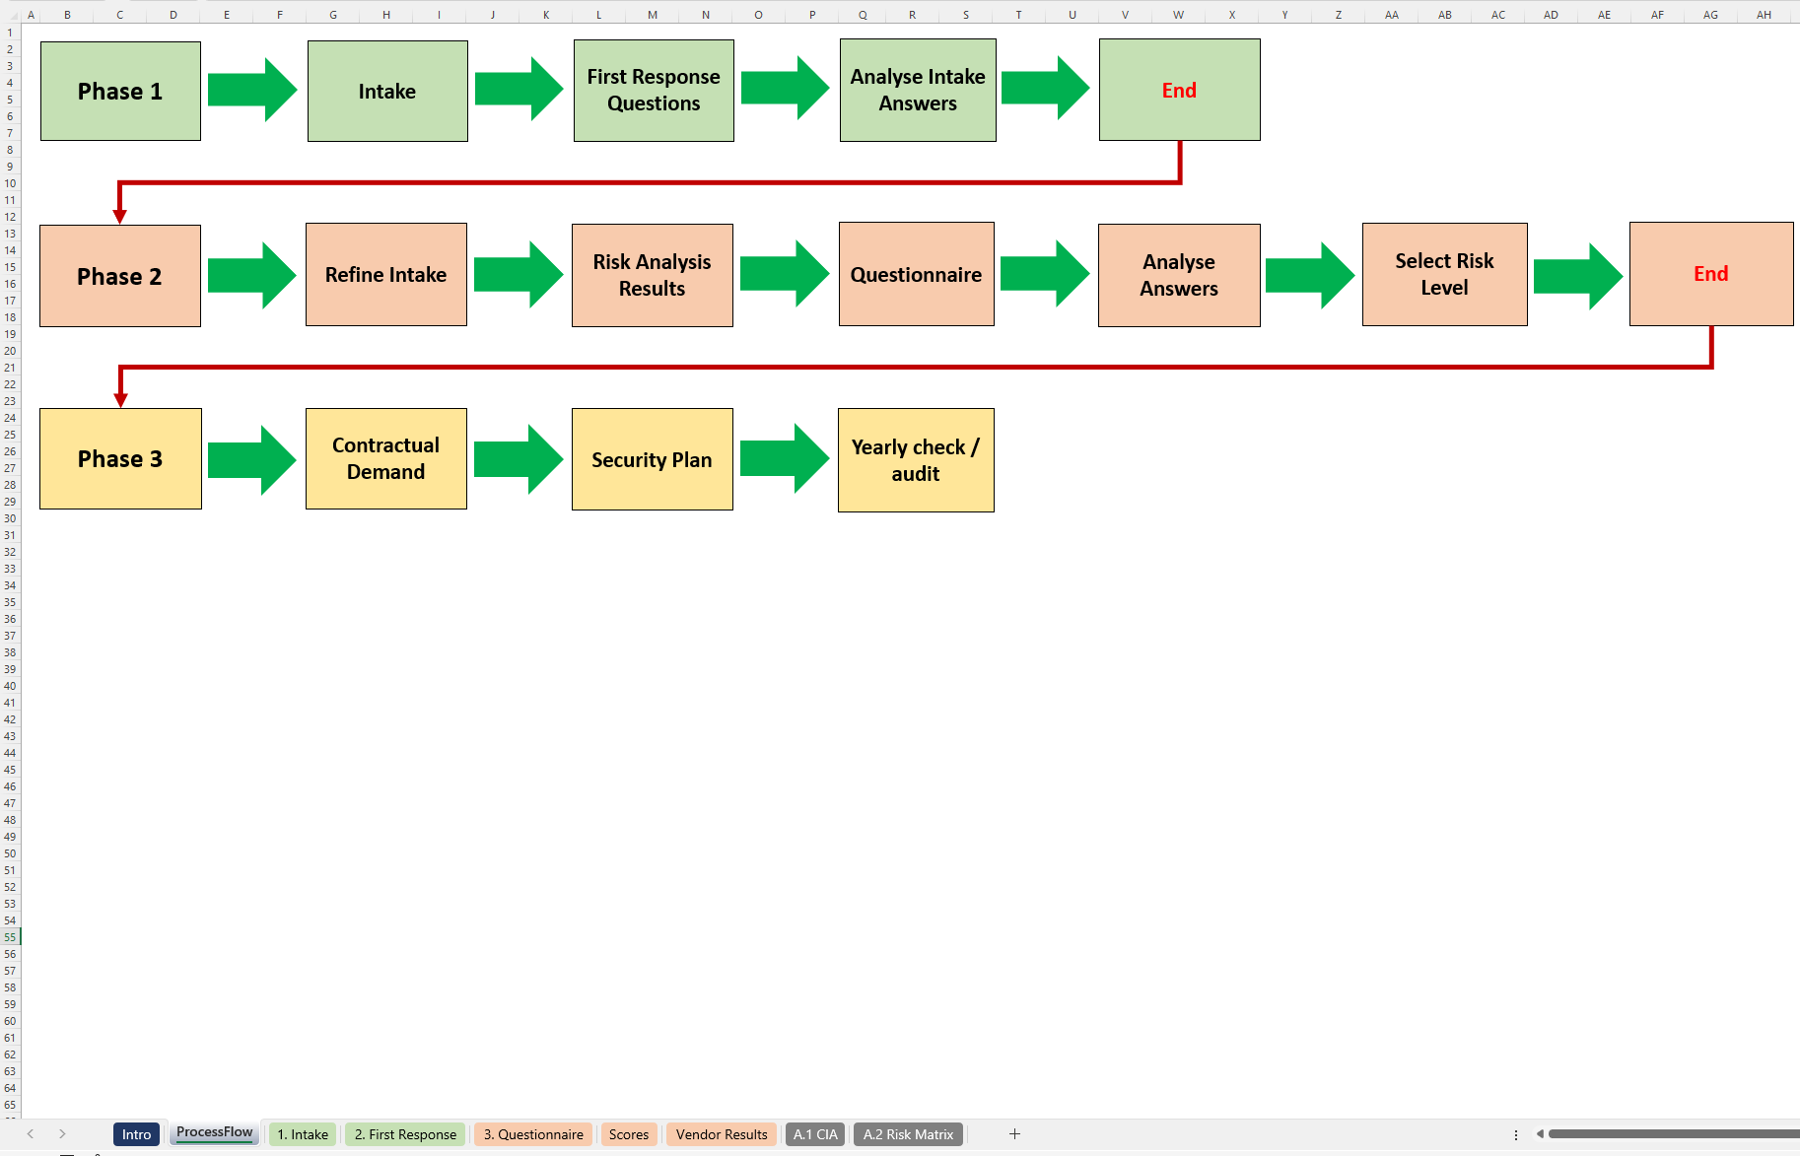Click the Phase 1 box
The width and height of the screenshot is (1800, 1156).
point(120,91)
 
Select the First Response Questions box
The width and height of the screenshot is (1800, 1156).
point(654,91)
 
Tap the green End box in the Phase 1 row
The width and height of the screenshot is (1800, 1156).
point(1179,90)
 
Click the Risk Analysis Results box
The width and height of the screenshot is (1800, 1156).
point(652,275)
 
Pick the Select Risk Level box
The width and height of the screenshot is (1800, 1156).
point(1444,274)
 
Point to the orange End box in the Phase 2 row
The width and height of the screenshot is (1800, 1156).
point(1710,274)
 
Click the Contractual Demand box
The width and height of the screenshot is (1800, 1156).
point(385,458)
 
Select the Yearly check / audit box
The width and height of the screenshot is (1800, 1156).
point(915,460)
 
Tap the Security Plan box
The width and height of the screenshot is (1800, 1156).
point(652,459)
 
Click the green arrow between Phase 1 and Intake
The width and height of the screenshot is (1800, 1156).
point(252,90)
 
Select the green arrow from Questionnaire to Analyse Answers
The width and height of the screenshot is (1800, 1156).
point(1045,273)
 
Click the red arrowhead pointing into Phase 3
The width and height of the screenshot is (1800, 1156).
point(120,400)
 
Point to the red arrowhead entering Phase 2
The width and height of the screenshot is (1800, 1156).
point(119,217)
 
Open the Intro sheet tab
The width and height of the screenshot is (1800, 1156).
point(136,1134)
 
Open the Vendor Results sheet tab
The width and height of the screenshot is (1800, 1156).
point(721,1134)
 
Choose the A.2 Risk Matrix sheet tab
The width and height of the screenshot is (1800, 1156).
point(908,1134)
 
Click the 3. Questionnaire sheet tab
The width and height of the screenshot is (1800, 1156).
point(533,1134)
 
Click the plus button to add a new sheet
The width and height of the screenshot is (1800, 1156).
point(1014,1134)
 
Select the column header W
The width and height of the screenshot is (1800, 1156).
point(1178,15)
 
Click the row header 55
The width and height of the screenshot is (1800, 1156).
point(10,937)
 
